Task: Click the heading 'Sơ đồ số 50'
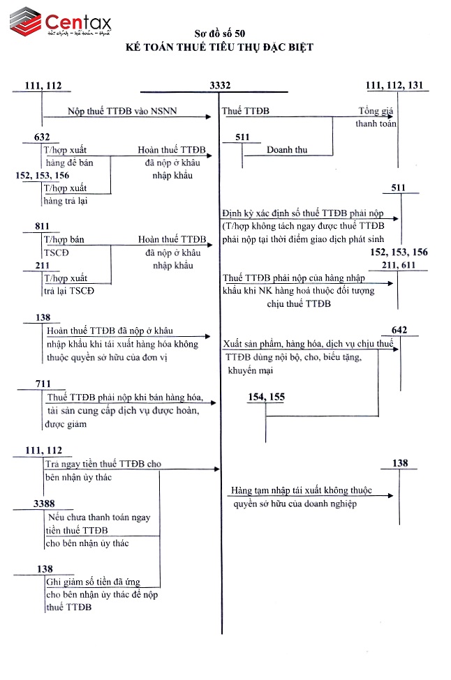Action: pos(220,33)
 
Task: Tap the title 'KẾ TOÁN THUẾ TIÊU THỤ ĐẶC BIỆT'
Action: pos(220,47)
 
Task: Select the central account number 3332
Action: pos(220,86)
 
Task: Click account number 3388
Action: pos(44,504)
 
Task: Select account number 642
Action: pos(399,330)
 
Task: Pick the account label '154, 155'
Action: pos(266,397)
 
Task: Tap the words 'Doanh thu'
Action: pos(286,150)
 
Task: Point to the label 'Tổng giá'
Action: pos(377,112)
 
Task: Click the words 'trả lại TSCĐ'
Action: pos(68,291)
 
